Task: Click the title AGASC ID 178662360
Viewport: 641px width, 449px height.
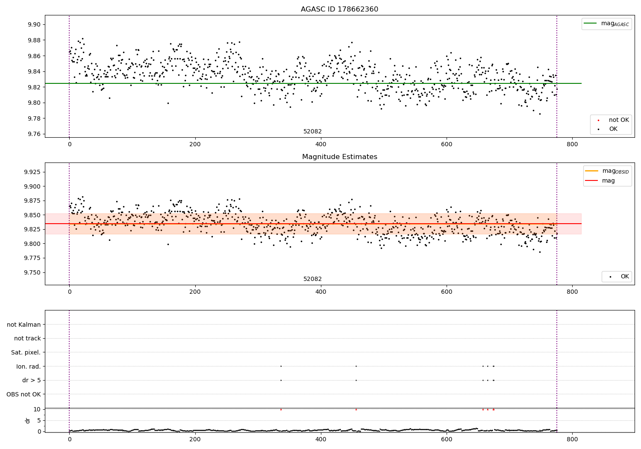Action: [339, 9]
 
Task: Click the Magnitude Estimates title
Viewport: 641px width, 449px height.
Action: [339, 157]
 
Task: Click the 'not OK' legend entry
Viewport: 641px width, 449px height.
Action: [618, 120]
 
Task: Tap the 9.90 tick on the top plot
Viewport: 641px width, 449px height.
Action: [34, 24]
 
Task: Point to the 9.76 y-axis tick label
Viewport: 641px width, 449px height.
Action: [34, 134]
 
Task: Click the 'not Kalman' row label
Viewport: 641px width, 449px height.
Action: [24, 325]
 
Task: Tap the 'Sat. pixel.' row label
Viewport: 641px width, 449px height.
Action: [26, 353]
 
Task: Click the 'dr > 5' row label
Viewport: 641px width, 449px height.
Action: [31, 381]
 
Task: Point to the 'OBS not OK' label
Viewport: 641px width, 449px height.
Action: [24, 394]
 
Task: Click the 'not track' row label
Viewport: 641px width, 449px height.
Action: [27, 339]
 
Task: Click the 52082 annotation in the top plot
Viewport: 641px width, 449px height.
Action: [312, 132]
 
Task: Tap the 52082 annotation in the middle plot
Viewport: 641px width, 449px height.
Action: [312, 279]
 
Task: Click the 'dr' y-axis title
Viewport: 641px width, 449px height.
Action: [28, 420]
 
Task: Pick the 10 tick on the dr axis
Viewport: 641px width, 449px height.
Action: [37, 409]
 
